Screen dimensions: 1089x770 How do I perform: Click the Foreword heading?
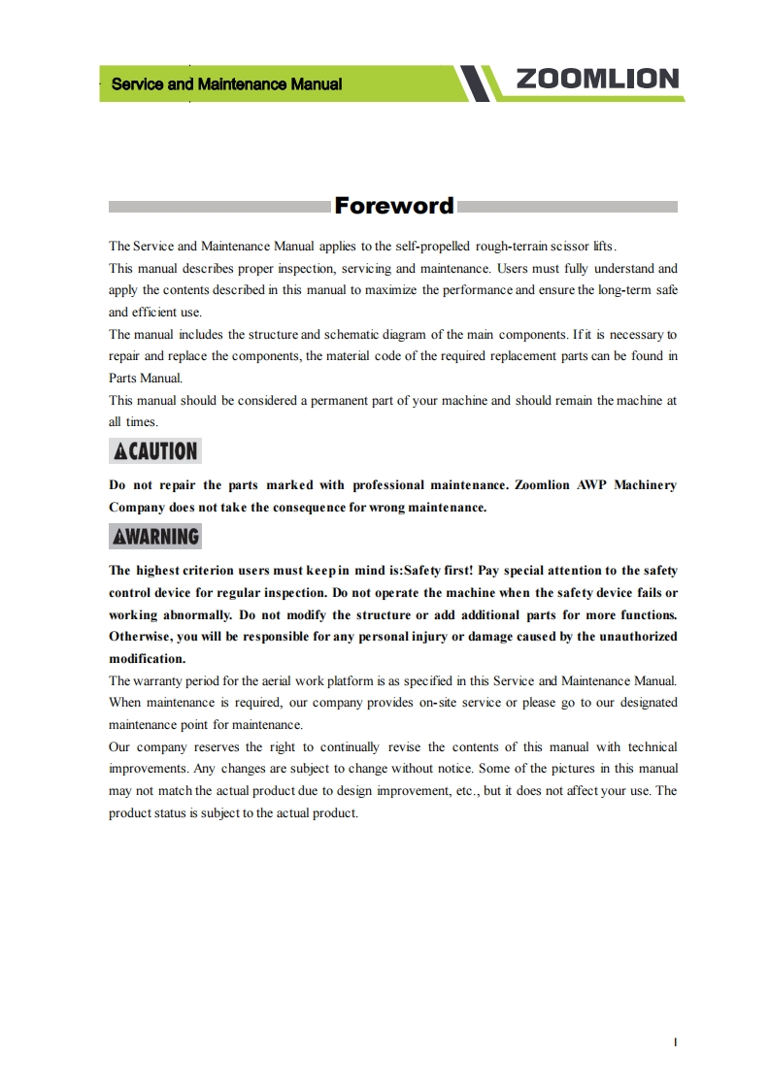(393, 206)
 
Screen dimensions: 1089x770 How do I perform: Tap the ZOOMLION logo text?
(597, 80)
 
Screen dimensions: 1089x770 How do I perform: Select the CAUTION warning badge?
(155, 450)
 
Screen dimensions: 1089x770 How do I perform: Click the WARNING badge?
(155, 536)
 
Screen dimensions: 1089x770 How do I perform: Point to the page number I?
(675, 1042)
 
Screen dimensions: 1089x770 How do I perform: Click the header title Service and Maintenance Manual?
(226, 84)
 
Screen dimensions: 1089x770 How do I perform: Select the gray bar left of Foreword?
(219, 207)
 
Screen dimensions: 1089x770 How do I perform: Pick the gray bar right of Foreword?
(567, 207)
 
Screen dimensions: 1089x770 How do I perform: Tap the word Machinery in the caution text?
(645, 484)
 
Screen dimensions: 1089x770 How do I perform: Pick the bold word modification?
(147, 658)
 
